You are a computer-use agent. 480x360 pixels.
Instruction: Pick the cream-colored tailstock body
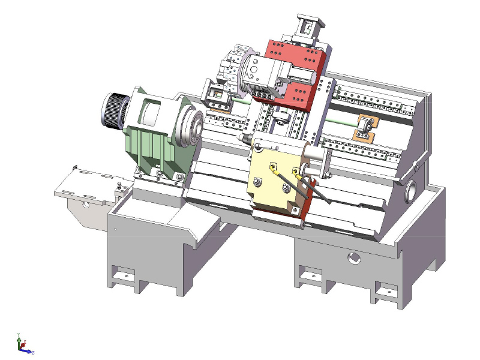tap(273, 180)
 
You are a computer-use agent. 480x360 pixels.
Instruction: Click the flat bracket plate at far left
tap(90, 186)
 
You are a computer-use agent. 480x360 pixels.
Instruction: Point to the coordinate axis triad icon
tap(23, 344)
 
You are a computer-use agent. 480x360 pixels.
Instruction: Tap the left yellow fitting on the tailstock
tap(274, 169)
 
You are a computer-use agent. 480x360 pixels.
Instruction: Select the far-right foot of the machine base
tap(390, 294)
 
